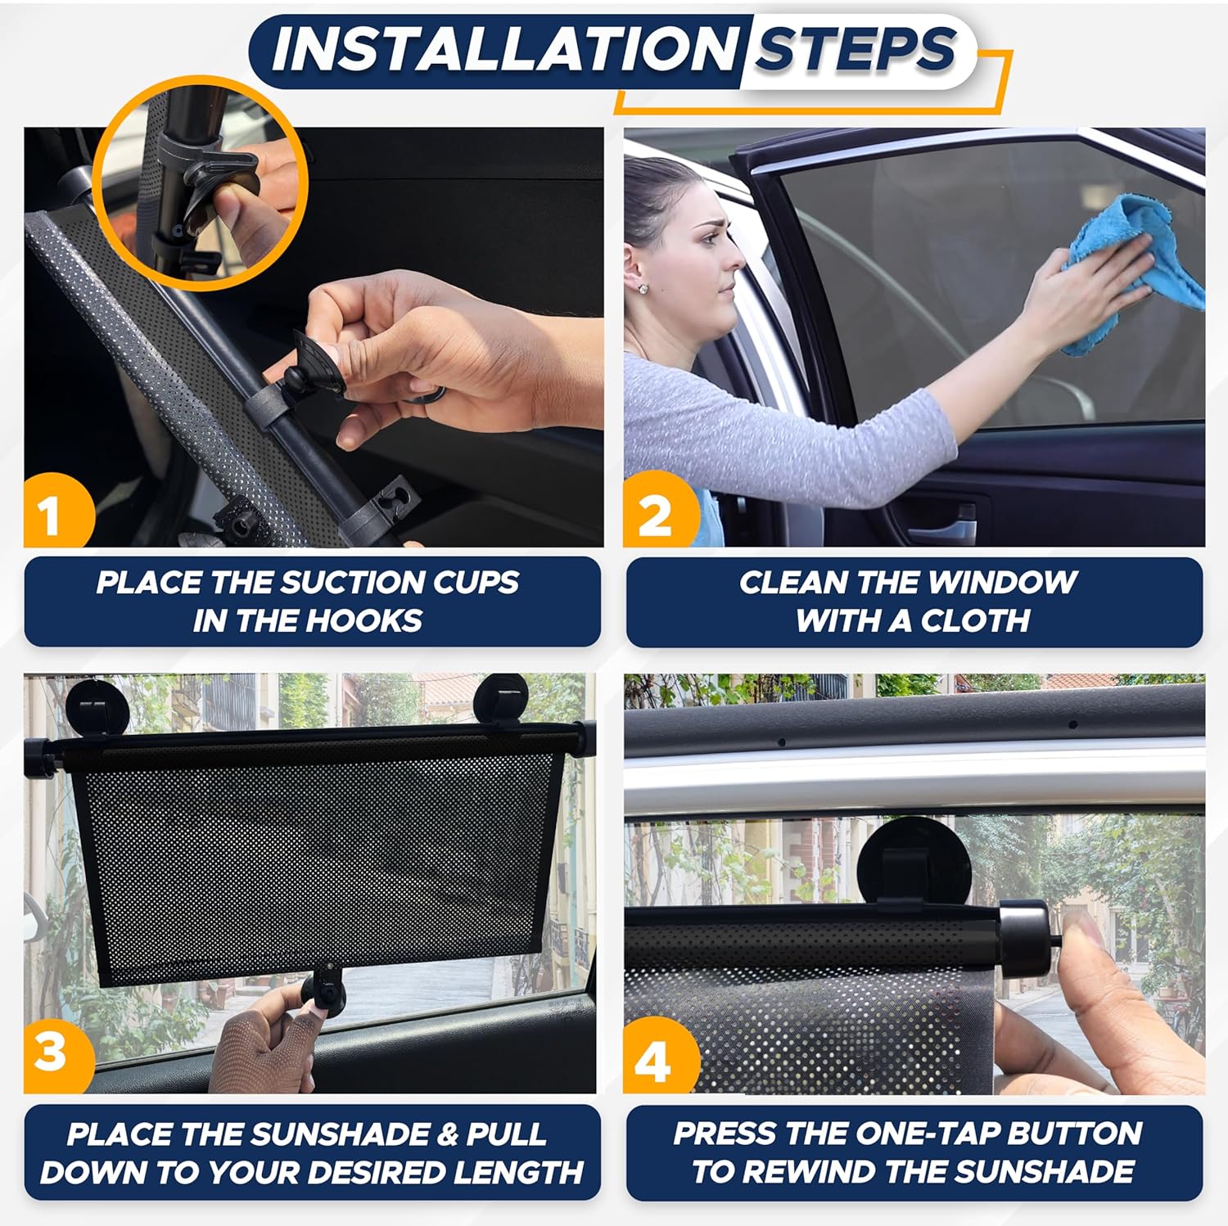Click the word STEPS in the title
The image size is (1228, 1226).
coord(855,49)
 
